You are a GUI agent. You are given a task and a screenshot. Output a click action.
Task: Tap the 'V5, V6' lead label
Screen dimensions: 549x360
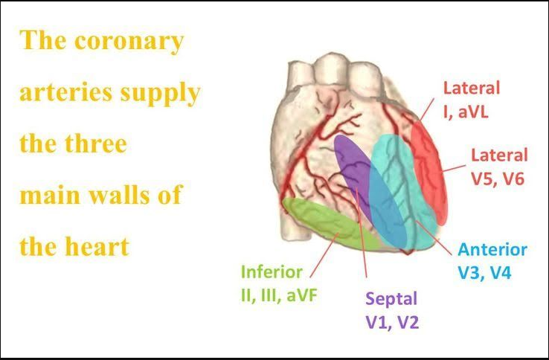point(498,179)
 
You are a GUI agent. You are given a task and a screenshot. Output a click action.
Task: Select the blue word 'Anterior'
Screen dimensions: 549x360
point(492,250)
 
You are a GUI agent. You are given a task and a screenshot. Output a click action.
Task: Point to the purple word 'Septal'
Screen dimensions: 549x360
point(391,299)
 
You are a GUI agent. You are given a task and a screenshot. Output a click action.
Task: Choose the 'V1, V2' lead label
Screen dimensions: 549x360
point(391,321)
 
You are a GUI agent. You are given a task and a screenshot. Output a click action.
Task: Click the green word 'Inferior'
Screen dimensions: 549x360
point(272,272)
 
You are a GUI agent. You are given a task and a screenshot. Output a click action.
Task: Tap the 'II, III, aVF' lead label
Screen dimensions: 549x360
point(272,295)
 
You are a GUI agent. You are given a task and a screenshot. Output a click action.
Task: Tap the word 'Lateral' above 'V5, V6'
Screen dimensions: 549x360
point(499,156)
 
